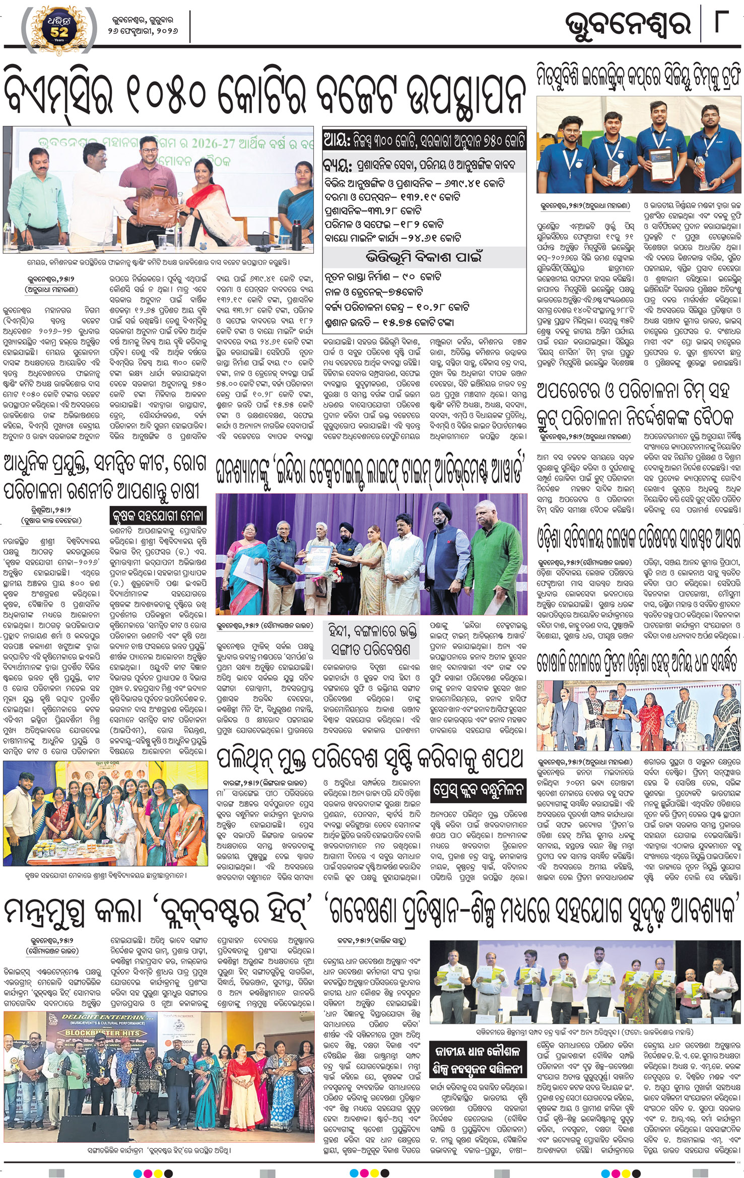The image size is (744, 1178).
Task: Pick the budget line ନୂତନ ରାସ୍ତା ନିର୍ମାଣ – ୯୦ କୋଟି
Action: click(x=383, y=277)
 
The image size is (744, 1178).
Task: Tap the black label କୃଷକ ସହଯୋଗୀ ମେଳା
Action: click(x=158, y=515)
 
